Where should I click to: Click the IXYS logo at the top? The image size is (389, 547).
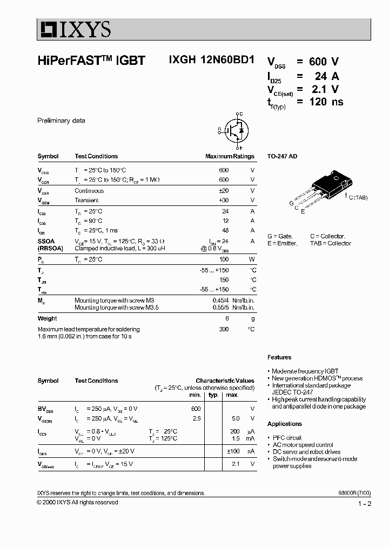coord(74,29)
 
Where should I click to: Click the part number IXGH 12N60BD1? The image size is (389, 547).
coord(207,60)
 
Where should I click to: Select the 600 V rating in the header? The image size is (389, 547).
coord(324,62)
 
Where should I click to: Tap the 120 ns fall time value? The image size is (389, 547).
coord(326,102)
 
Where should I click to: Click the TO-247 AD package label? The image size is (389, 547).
coord(282,156)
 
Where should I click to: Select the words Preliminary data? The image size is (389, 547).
coord(61,121)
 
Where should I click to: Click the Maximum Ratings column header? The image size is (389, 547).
coord(230,156)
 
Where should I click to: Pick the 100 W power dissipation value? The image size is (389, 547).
coord(224,259)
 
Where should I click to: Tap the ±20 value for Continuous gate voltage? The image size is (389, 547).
coord(223,191)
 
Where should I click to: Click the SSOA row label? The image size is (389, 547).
coord(46,242)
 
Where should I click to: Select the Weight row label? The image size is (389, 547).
coord(48,318)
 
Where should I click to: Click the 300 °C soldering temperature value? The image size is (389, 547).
coord(224,329)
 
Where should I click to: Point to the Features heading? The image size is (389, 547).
coord(279,357)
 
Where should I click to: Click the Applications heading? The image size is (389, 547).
coord(285,424)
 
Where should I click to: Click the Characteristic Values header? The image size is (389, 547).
coord(225,381)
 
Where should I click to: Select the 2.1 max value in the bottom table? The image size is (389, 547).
coord(235,464)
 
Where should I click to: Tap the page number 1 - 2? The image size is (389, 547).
coord(365,504)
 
